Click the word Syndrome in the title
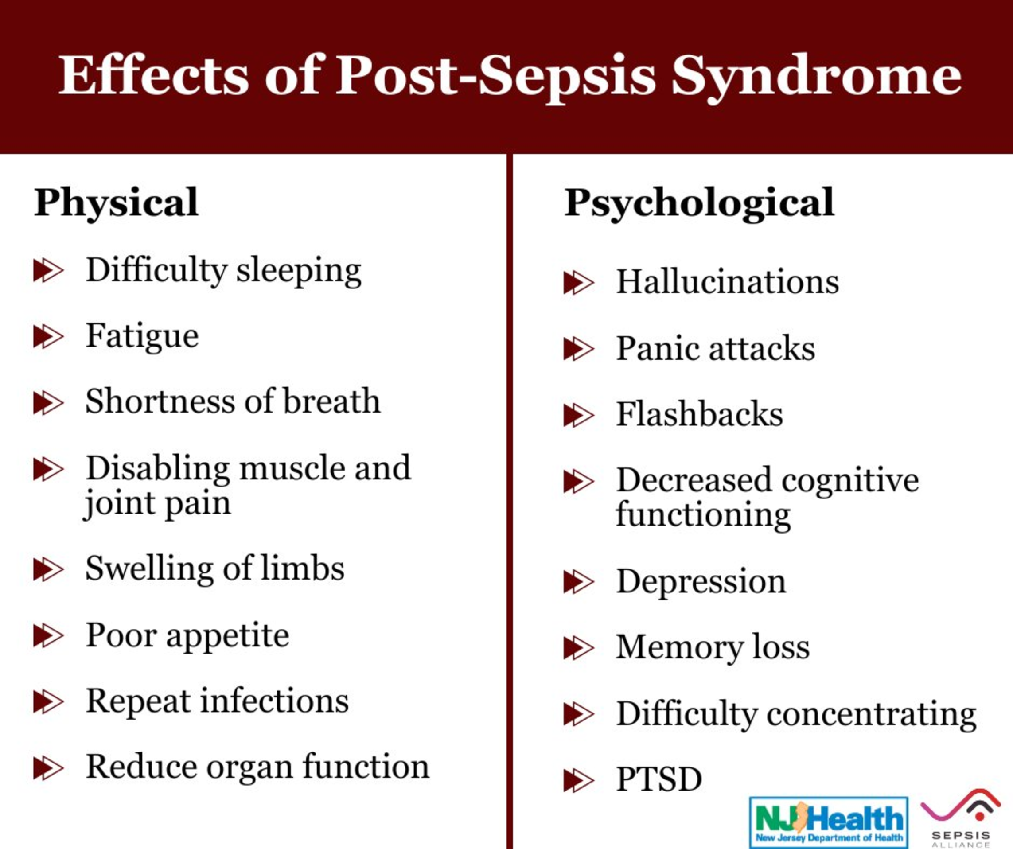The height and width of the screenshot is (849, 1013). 817,76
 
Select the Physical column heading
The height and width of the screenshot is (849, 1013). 116,203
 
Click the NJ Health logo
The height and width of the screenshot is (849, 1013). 829,822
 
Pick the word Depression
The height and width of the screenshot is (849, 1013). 701,582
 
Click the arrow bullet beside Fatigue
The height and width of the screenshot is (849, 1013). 48,337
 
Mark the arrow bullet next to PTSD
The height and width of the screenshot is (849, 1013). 579,780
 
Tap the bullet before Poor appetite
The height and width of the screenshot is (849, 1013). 48,635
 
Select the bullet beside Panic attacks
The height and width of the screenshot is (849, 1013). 579,349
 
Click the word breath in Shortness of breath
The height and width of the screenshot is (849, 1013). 331,401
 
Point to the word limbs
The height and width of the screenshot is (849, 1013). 303,568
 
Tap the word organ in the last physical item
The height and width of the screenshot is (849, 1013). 249,768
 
